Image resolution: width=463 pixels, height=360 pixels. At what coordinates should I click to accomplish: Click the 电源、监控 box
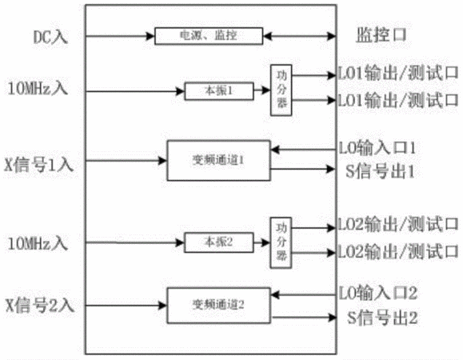[209, 36]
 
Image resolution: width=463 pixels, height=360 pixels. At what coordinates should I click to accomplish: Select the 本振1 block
[219, 91]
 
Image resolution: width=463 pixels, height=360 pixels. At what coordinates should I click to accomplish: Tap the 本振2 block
[219, 242]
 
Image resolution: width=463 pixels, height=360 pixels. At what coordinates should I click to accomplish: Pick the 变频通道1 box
[219, 160]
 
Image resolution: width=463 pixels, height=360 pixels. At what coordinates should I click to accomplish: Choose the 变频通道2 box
[219, 305]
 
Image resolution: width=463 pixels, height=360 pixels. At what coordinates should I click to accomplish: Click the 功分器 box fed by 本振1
[281, 90]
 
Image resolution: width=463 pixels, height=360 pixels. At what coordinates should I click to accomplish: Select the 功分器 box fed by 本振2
[281, 242]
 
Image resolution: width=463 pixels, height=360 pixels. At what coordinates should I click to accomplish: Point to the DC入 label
[50, 38]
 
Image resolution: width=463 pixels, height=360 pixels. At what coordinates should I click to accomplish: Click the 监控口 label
[381, 35]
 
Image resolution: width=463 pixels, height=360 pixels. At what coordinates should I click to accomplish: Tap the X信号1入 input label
[38, 165]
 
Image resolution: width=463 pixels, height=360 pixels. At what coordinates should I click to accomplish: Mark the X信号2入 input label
[39, 305]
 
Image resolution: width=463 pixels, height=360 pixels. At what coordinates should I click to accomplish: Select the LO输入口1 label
[377, 148]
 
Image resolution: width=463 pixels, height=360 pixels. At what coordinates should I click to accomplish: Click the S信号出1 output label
[380, 171]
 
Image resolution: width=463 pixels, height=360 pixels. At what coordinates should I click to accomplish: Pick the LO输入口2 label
[378, 293]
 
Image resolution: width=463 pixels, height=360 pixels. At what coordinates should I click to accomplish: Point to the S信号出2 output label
[382, 318]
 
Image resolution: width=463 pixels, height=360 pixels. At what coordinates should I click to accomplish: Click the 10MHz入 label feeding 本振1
[38, 88]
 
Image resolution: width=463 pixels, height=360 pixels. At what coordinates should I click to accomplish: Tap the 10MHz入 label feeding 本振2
[38, 244]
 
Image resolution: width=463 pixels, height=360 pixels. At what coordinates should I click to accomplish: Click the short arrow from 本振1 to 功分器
[262, 90]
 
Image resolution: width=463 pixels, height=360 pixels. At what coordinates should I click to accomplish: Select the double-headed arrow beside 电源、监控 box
[299, 36]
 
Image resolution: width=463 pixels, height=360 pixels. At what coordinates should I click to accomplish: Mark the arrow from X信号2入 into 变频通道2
[126, 306]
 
